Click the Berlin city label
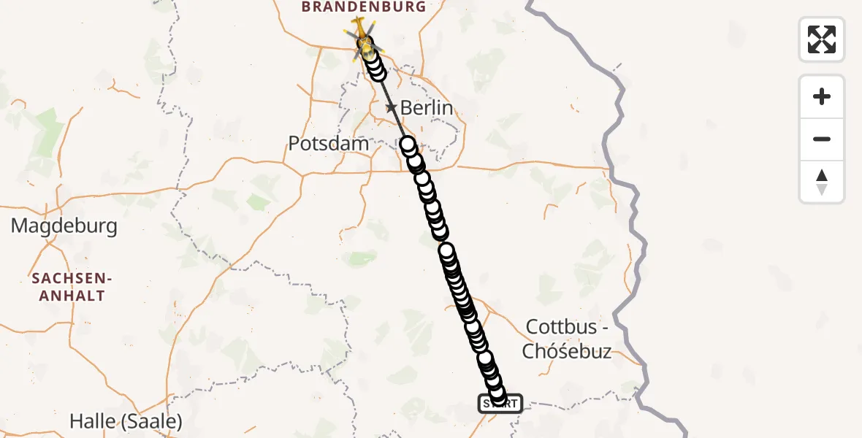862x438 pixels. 427,108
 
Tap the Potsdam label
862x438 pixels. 329,143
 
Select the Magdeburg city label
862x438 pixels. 64,226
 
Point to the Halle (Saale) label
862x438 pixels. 126,421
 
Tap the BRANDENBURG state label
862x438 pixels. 363,7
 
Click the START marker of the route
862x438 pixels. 500,403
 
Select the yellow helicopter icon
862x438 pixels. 360,31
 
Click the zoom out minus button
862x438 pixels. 822,139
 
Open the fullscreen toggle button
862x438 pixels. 822,39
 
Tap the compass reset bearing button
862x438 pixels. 822,182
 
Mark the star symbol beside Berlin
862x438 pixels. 392,108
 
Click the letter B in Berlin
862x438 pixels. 407,108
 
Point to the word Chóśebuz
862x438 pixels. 567,352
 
